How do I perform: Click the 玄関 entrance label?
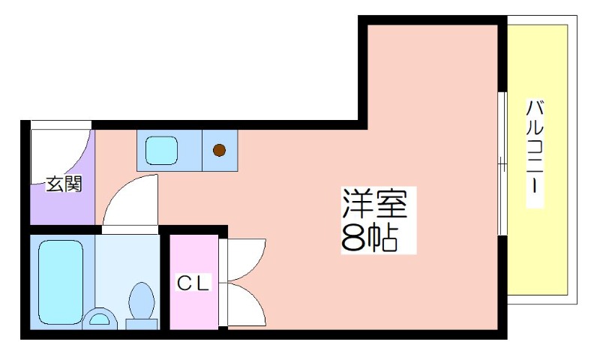click(x=64, y=184)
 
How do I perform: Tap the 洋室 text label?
click(x=374, y=203)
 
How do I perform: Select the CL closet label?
click(x=193, y=283)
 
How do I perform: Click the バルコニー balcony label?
click(x=535, y=153)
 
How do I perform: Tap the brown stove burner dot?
click(x=219, y=150)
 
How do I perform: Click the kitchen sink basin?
click(x=161, y=150)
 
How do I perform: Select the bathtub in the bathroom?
click(x=61, y=282)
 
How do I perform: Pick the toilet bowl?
click(x=142, y=300)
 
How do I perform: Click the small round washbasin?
click(x=100, y=318)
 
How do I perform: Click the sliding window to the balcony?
click(x=502, y=163)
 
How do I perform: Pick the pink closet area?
click(x=194, y=281)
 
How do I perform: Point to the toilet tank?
click(x=142, y=325)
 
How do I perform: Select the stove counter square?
click(x=220, y=150)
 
